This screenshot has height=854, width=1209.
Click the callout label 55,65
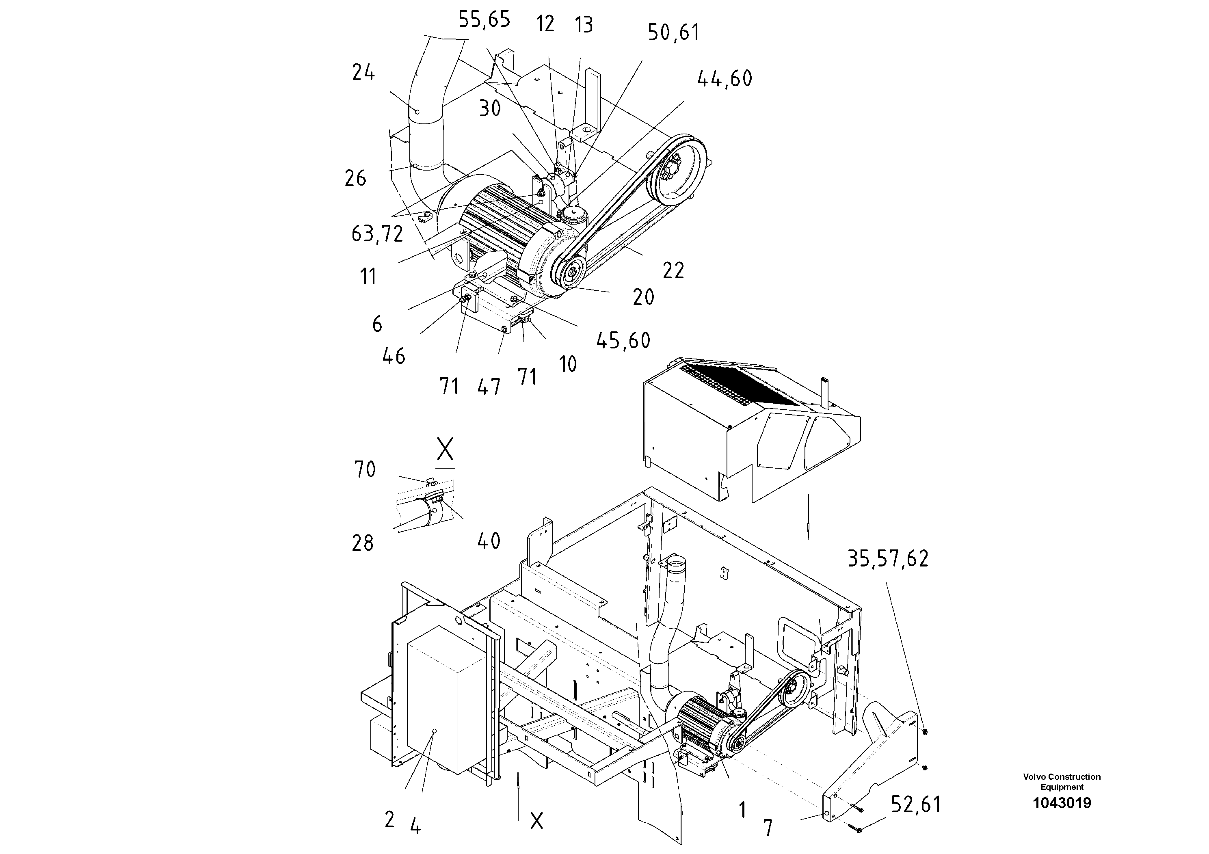point(484,20)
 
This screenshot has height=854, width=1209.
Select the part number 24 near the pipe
point(363,73)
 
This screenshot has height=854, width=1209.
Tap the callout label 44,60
point(725,79)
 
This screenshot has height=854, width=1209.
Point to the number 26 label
point(355,179)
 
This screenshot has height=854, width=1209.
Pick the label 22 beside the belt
point(673,270)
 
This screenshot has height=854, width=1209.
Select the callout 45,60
point(623,341)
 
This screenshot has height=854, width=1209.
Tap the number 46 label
point(394,357)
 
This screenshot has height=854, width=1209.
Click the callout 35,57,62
point(888,559)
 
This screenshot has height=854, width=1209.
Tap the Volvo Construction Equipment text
point(1062,781)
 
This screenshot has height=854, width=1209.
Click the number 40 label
point(489,541)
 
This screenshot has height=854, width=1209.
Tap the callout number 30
point(490,109)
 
